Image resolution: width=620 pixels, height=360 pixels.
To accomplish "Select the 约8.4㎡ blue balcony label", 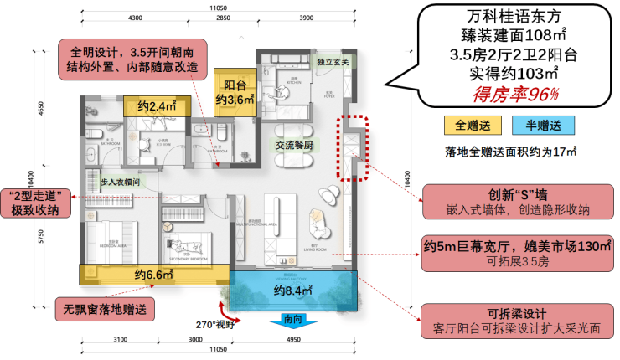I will click(x=293, y=291).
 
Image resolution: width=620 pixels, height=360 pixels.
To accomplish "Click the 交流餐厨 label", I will click(x=294, y=145).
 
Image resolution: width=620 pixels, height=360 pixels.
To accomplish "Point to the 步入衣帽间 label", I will click(x=124, y=182).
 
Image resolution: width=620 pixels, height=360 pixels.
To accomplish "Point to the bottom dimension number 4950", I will click(x=292, y=340).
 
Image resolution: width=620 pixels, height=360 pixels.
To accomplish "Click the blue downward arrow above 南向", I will click(x=281, y=319).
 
